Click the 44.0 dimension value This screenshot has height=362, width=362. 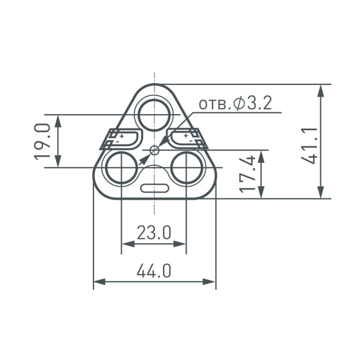coord(154,271)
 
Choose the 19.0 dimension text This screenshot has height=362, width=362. coord(42,141)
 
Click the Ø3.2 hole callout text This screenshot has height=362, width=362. coord(236,104)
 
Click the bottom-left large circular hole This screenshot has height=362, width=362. coord(122,167)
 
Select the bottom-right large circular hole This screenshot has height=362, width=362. coord(186,167)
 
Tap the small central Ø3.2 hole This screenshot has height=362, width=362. coord(154,149)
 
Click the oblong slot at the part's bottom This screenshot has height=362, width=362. coord(154,188)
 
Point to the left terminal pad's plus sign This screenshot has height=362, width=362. coord(121,137)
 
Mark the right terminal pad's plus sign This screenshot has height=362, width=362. coord(186,137)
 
